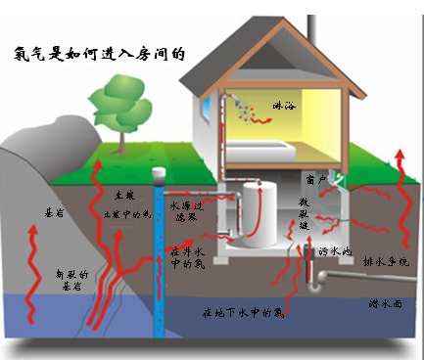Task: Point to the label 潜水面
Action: tap(390, 305)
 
